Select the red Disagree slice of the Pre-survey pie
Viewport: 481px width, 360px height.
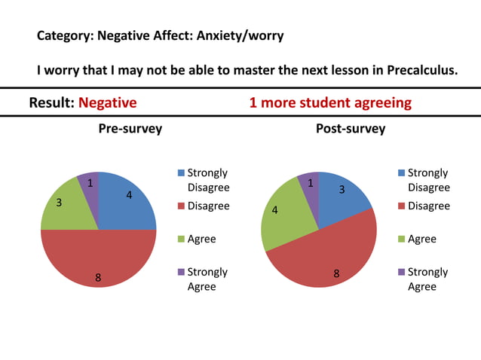pos(98,260)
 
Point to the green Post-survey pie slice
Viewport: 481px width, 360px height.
pos(283,218)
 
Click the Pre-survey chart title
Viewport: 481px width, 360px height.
pos(130,129)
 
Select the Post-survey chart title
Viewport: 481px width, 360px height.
pos(351,129)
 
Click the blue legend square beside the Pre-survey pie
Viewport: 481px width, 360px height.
pos(181,173)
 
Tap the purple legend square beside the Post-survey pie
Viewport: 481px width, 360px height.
pos(402,272)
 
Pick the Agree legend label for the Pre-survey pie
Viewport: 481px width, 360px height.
pos(201,239)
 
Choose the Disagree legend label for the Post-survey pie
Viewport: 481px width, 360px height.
pos(428,206)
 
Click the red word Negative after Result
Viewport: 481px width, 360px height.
pos(108,102)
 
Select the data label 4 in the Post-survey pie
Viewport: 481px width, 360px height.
pos(274,210)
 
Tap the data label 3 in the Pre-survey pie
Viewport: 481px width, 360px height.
pos(59,203)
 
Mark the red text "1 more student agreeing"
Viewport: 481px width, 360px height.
pos(330,102)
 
